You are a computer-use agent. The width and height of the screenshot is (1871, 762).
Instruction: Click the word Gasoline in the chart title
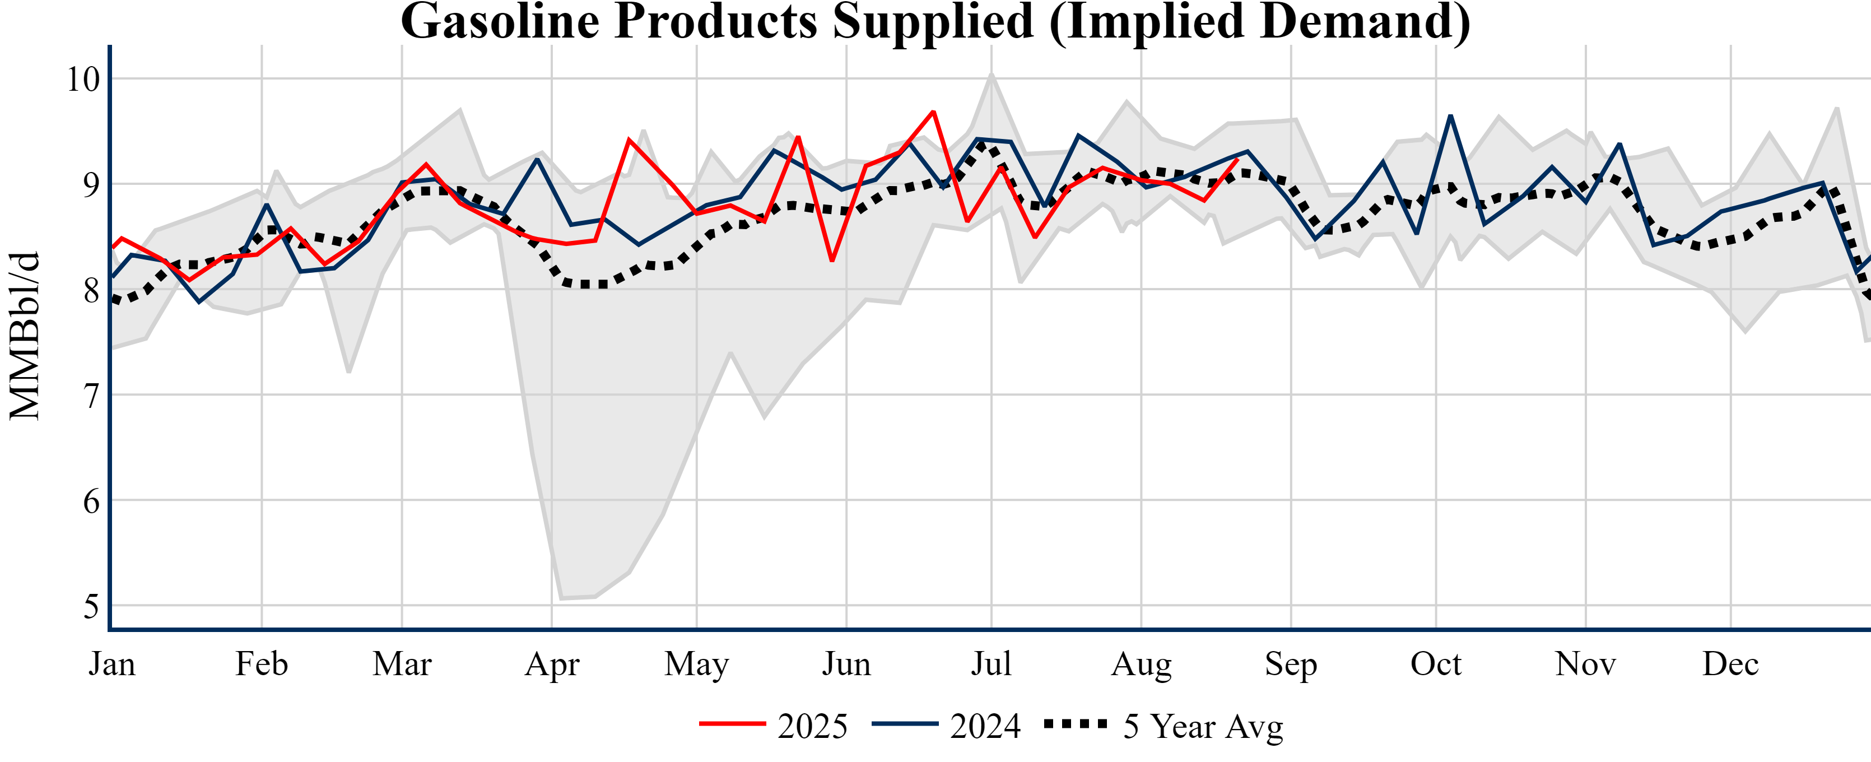(500, 22)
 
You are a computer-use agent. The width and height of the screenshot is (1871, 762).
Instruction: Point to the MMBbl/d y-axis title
(25, 336)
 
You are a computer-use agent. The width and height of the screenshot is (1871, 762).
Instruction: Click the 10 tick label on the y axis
(83, 79)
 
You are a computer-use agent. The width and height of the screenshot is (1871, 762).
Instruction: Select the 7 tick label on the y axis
(91, 396)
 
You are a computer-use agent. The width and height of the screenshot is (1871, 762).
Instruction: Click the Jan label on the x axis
(112, 664)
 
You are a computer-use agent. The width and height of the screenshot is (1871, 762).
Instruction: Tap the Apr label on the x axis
(552, 664)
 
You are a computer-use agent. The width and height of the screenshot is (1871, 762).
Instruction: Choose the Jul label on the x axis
(992, 664)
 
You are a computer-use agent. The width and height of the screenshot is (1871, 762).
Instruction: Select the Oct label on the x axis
(1436, 664)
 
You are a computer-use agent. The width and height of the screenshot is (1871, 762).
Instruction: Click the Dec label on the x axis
(1731, 664)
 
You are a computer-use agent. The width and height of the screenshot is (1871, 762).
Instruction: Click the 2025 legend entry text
(812, 726)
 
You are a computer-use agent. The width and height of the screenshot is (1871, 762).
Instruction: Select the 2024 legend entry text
(985, 726)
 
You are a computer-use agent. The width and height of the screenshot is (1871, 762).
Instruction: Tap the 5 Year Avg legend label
(1203, 726)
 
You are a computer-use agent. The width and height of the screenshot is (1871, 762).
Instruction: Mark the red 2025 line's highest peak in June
(933, 112)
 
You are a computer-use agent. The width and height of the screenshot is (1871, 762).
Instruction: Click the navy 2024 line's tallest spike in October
(1450, 115)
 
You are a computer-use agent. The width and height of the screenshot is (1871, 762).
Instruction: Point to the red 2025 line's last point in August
(1237, 159)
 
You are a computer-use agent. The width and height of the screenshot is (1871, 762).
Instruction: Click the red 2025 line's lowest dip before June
(832, 260)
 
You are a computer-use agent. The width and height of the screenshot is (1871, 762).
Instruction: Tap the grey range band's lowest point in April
(561, 598)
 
